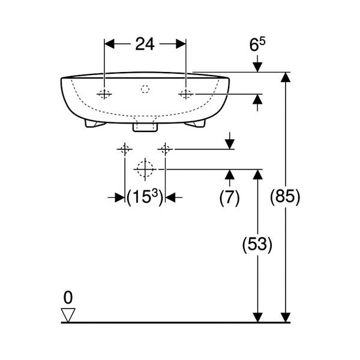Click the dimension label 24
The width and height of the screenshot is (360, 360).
click(145, 44)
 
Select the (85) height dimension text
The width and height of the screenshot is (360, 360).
click(285, 197)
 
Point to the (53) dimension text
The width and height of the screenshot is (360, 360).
click(257, 244)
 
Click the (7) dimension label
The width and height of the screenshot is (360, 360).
click(229, 197)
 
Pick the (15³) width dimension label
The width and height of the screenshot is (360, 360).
click(145, 197)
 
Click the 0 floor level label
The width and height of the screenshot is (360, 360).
click(68, 298)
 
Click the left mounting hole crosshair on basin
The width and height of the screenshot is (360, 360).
click(104, 94)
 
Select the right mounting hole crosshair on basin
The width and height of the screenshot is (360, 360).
click(186, 94)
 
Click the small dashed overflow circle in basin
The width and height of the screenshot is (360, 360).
click(145, 89)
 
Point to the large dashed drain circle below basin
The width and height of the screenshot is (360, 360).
click(145, 169)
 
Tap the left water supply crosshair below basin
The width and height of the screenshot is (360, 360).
click(125, 149)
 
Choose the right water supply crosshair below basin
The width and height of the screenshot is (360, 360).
click(165, 149)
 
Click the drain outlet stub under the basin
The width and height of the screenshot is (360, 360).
click(145, 127)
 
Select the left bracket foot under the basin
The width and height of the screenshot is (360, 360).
click(95, 124)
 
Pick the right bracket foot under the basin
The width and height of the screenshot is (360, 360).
click(195, 124)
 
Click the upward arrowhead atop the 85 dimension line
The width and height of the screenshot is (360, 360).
click(286, 77)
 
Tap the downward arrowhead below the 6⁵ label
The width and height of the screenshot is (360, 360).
click(257, 67)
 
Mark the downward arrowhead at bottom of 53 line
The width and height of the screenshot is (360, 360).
click(257, 317)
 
